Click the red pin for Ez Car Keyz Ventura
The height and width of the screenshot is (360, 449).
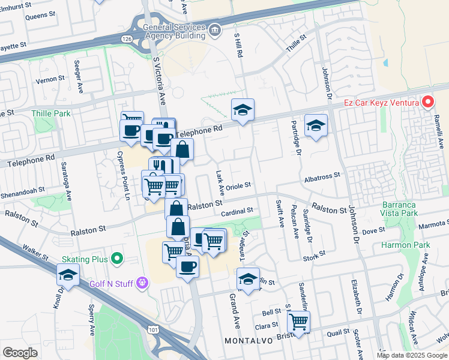[x=427, y=102]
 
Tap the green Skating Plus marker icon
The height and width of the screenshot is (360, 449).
[x=116, y=259]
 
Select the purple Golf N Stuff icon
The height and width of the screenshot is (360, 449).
[x=142, y=281]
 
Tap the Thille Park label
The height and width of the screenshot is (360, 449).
[x=51, y=113]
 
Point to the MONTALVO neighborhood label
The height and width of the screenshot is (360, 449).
[x=248, y=341]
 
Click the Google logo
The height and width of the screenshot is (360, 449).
[x=19, y=353]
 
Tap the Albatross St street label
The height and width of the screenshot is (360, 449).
[x=322, y=175]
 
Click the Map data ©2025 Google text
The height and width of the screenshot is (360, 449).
[x=412, y=355]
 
